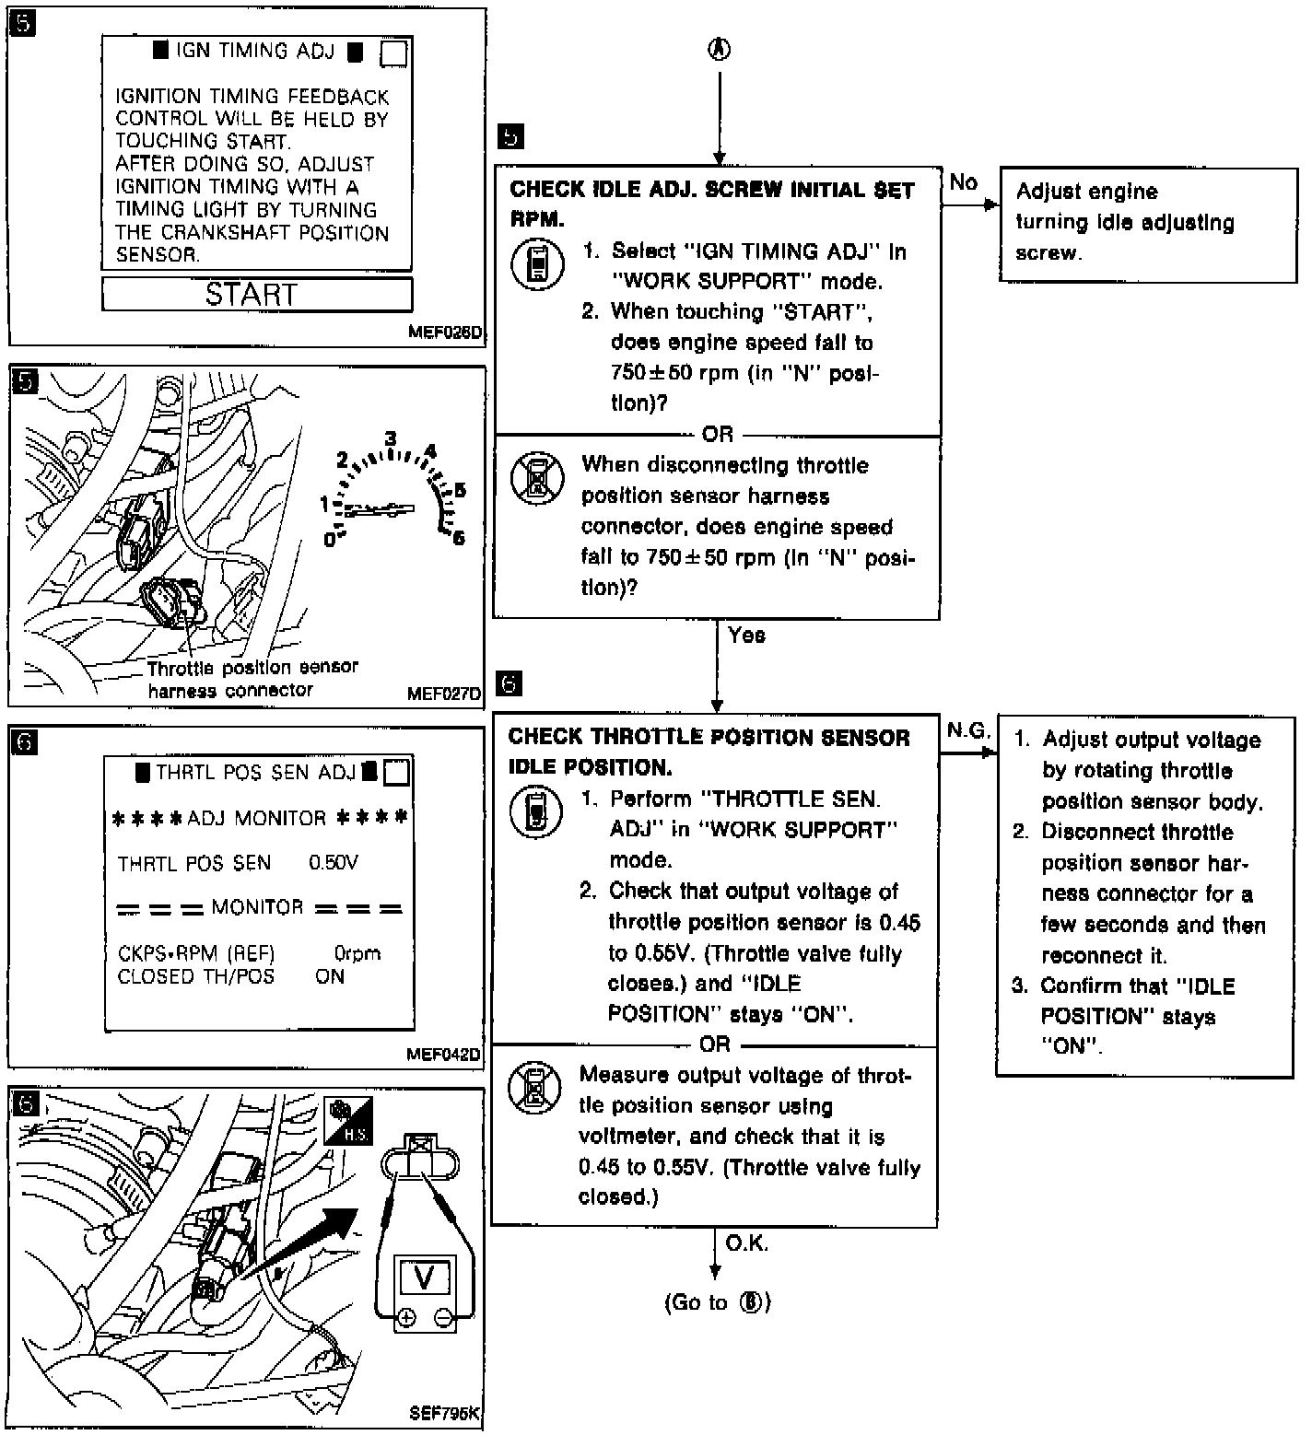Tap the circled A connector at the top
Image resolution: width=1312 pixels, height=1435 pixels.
coord(719,50)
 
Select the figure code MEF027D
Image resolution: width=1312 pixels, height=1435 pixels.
coord(443,693)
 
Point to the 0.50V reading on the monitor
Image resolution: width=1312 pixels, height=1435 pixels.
coord(333,863)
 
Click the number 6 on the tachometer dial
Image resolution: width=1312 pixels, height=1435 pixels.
coord(458,538)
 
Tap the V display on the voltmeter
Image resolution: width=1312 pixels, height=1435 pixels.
coord(425,1277)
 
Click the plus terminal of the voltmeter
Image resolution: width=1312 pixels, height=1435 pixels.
coord(405,1318)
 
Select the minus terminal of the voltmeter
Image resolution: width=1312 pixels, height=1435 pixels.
coord(443,1318)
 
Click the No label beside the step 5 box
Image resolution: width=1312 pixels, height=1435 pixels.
coord(963,182)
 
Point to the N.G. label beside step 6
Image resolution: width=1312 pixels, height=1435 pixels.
coord(968,731)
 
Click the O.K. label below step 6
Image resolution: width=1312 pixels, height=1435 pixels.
coord(746,1243)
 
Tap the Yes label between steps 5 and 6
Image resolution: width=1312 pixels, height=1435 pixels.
coord(746,636)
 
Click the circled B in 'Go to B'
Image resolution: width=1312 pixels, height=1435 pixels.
coord(752,1302)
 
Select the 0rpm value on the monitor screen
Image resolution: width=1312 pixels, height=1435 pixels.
coord(357,953)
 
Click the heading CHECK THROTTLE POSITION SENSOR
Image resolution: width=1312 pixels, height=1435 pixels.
coord(709,737)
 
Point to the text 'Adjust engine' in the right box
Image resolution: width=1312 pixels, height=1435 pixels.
coord(1086,192)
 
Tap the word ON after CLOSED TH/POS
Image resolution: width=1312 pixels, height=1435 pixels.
coord(330,976)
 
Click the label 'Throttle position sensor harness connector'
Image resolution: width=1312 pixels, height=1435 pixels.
coord(252,678)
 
